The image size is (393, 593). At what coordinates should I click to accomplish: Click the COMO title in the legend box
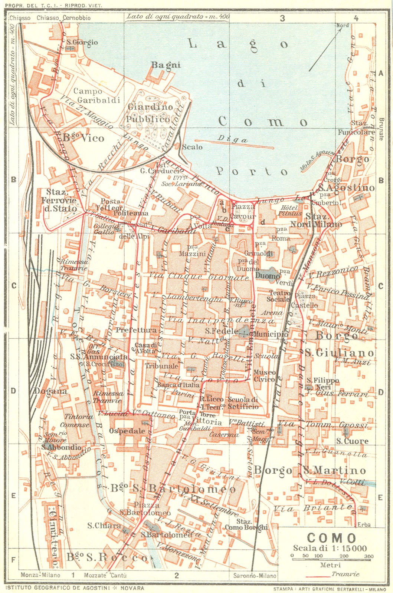coord(331,538)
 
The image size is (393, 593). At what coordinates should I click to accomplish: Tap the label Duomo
coord(268,276)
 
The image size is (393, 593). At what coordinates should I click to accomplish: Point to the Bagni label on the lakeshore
coord(166,65)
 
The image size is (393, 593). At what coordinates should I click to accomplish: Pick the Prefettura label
coord(136,330)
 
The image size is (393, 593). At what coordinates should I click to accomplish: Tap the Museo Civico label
coord(265,375)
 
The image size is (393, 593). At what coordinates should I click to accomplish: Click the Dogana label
coord(51,391)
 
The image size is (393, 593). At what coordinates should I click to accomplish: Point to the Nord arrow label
coord(343,25)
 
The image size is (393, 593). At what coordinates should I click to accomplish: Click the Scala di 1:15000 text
coord(330,548)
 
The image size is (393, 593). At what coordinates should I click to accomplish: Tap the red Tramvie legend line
coord(318,577)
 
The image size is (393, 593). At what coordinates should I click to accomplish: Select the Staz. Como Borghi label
coord(246,524)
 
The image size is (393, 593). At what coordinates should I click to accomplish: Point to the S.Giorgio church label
coord(82,42)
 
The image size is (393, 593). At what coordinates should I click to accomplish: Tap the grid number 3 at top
coord(282,18)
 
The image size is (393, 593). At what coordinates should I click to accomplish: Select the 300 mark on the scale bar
coord(369,556)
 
